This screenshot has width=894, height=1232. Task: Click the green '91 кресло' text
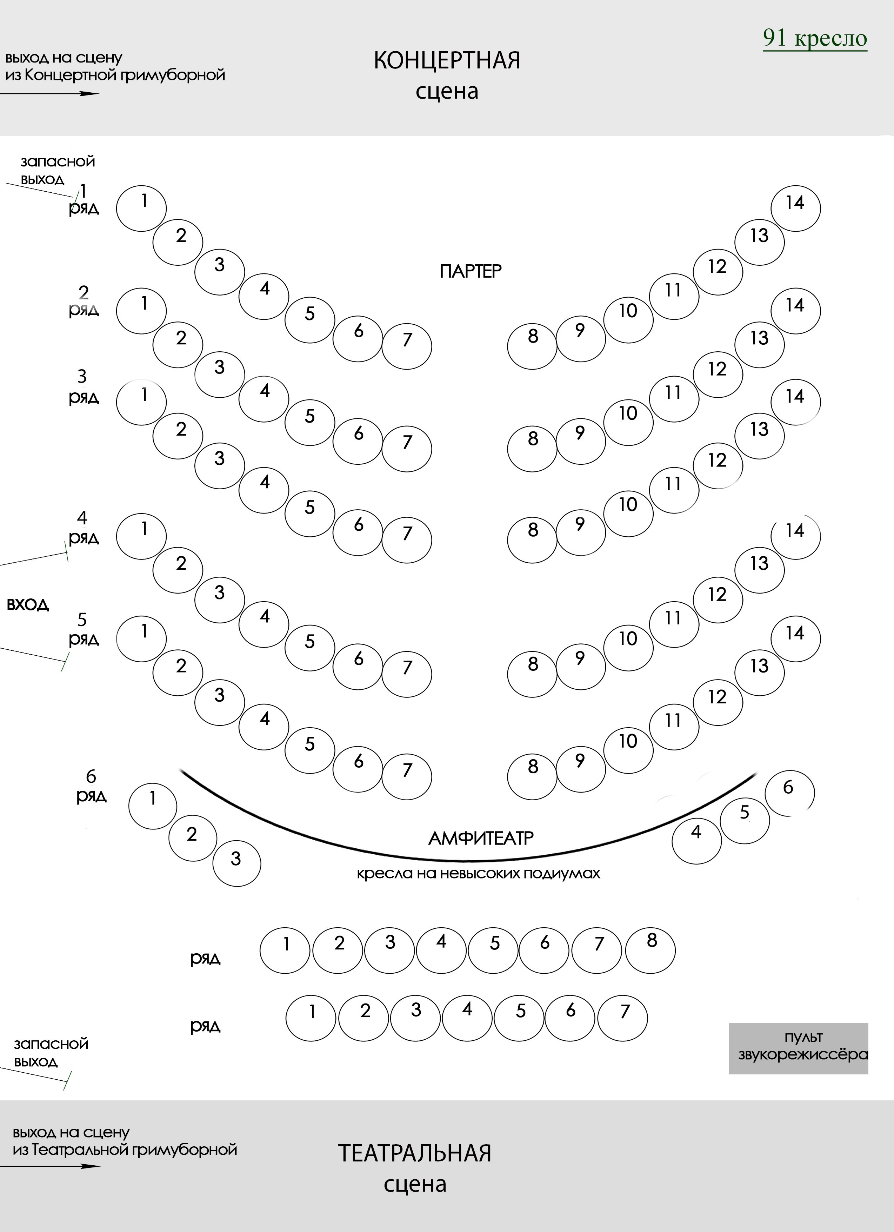click(815, 38)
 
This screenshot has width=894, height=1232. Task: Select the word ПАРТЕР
click(471, 271)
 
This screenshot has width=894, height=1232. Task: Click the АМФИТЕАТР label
click(481, 838)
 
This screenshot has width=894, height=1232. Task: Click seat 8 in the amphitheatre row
click(650, 950)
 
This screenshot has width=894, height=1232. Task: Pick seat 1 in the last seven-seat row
click(311, 1018)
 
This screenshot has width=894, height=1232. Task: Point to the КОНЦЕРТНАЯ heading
click(446, 61)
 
